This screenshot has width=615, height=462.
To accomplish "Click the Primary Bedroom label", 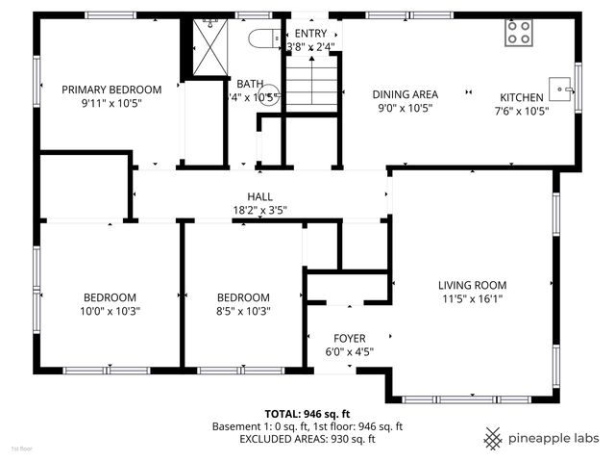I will point(111,90).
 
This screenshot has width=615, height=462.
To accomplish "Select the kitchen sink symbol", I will point(560,90).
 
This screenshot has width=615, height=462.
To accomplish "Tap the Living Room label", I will point(472,285).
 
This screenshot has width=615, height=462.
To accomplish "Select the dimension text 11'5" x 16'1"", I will point(472,298).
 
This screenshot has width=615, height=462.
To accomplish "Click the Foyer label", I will point(349,338).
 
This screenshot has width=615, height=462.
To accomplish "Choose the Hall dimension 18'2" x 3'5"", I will point(259,210).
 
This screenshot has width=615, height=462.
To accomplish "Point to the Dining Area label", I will point(405,94).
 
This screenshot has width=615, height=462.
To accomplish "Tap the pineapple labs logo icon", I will point(493,438).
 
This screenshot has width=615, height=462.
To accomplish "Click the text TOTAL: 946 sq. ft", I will point(307,413).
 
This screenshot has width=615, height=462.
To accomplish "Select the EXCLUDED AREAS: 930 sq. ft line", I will point(307,439).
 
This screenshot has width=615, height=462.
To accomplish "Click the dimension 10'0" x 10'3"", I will point(109,311).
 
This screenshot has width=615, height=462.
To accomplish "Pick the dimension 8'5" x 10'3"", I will point(243,311).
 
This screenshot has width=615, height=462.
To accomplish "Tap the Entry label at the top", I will point(310,33).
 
